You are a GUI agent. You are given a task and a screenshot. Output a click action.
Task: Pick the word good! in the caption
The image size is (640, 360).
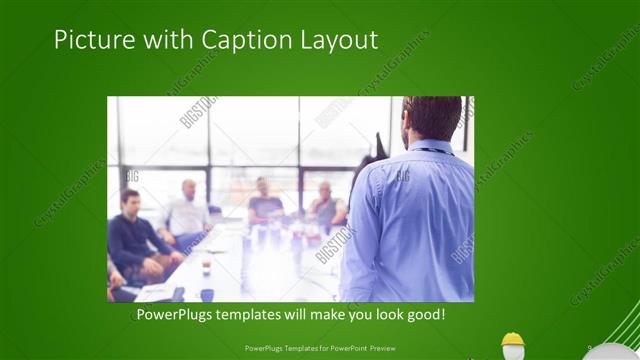click(x=423, y=315)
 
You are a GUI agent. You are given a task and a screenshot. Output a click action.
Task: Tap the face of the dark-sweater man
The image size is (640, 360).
click(x=130, y=200)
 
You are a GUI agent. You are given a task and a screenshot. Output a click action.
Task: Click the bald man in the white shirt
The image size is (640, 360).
click(x=188, y=212)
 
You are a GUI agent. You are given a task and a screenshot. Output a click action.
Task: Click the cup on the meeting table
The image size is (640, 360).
click(x=206, y=264)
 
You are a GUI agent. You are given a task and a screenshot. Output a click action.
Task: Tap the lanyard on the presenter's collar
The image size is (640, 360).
click(x=433, y=150)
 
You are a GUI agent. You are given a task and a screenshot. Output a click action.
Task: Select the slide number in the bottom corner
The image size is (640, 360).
click(x=590, y=348)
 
